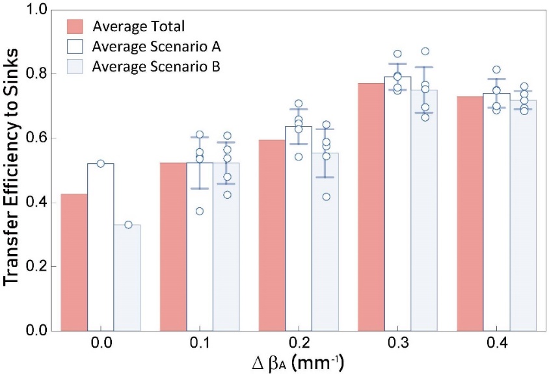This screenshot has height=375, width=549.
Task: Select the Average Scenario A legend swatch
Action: (x=75, y=47)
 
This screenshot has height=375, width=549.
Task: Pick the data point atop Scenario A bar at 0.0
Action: (x=100, y=163)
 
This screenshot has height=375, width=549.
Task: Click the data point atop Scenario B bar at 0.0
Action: (x=128, y=225)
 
